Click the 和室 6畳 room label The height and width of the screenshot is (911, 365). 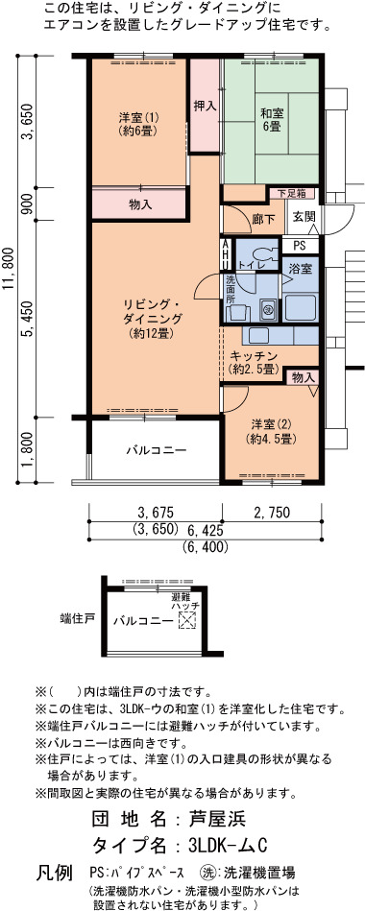click(271, 120)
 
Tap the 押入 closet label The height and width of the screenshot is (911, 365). click(205, 107)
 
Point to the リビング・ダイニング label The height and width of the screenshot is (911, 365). click(153, 319)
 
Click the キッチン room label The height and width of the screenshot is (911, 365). click(254, 362)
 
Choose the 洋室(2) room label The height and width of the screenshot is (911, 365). click(272, 432)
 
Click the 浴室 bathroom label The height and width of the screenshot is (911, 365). click(301, 269)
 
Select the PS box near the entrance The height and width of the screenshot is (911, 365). click(300, 246)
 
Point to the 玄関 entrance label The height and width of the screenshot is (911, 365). click(304, 216)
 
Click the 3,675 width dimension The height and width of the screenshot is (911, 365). click(156, 512)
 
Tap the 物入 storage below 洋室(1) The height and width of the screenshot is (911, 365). click(140, 204)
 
